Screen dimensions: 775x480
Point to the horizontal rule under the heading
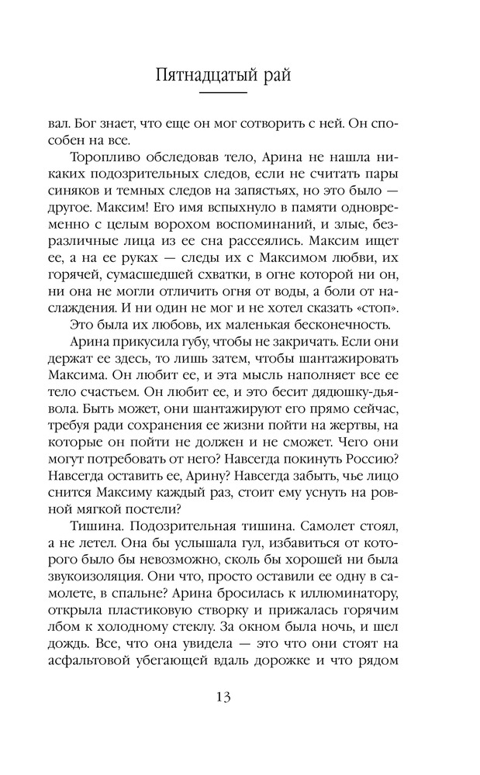(x=240, y=93)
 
